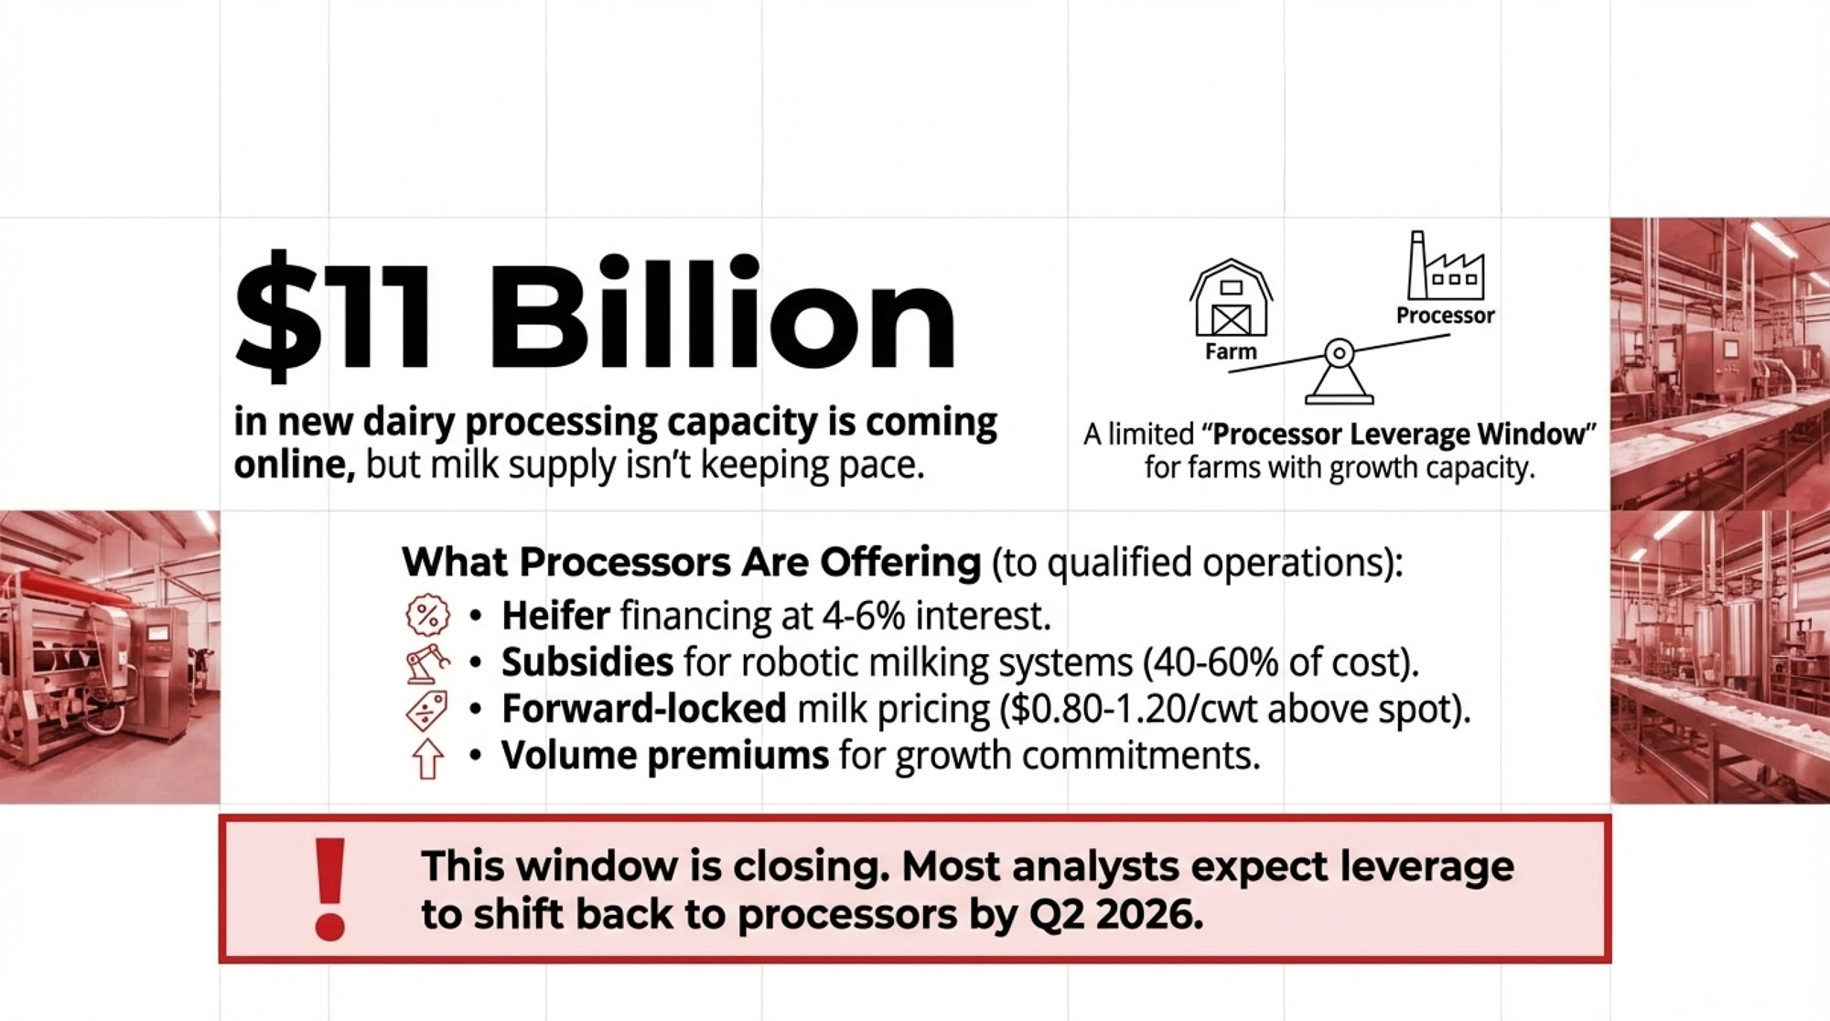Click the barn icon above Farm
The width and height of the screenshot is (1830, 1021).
click(1231, 298)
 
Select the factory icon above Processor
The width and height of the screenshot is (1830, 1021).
click(1445, 265)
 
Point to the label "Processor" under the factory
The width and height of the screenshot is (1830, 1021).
click(1445, 316)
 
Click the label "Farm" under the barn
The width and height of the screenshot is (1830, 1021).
click(1231, 351)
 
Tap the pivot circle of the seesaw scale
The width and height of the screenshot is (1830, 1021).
click(1339, 352)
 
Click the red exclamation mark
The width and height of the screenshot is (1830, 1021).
click(329, 889)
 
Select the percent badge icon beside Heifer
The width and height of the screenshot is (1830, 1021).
click(427, 615)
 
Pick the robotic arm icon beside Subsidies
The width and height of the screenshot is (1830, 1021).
click(427, 663)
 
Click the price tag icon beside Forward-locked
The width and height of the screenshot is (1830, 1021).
click(427, 711)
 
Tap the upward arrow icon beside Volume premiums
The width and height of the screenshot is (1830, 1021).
click(427, 758)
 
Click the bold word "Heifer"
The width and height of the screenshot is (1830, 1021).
click(555, 616)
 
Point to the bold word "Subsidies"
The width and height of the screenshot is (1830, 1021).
click(587, 661)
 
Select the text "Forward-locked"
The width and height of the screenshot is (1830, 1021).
click(644, 708)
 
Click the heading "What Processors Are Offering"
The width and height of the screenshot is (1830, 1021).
click(692, 562)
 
